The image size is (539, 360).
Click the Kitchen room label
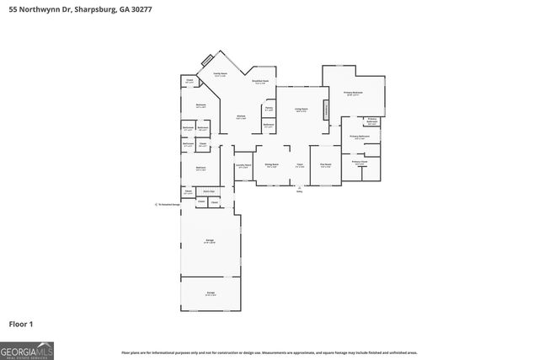tap(241, 118)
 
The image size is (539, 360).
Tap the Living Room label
tap(301, 110)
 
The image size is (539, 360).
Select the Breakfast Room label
tap(260, 82)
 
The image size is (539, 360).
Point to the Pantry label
tap(269, 108)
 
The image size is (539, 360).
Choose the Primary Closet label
tap(360, 163)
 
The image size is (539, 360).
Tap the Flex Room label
tap(325, 166)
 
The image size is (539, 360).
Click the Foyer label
tap(299, 166)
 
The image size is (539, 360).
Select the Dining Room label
tap(271, 166)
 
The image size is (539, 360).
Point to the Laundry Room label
tap(243, 166)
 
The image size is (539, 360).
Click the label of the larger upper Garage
tap(210, 241)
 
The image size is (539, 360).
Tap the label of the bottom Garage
tap(211, 294)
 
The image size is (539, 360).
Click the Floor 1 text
tap(20, 323)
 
